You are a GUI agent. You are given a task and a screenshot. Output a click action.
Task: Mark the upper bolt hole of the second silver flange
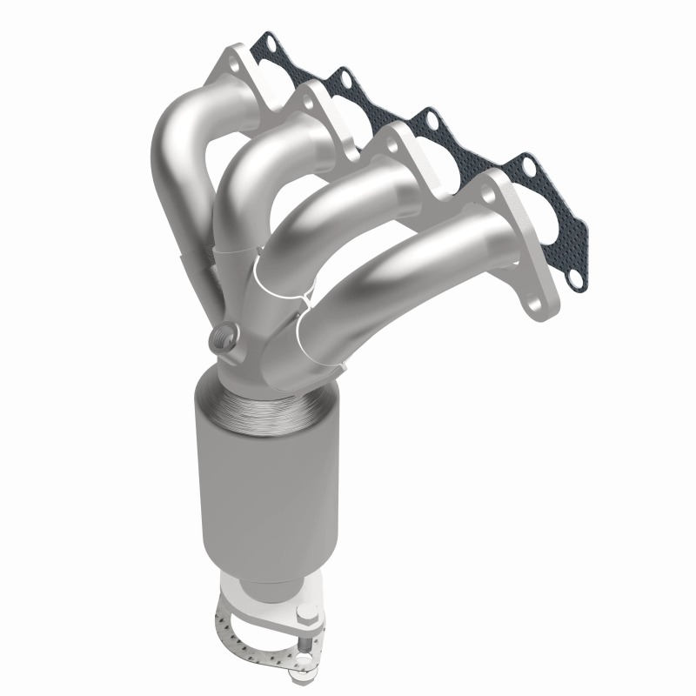pyautogui.click(x=310, y=101)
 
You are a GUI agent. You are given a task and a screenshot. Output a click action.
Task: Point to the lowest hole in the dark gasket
pyautogui.click(x=574, y=280)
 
